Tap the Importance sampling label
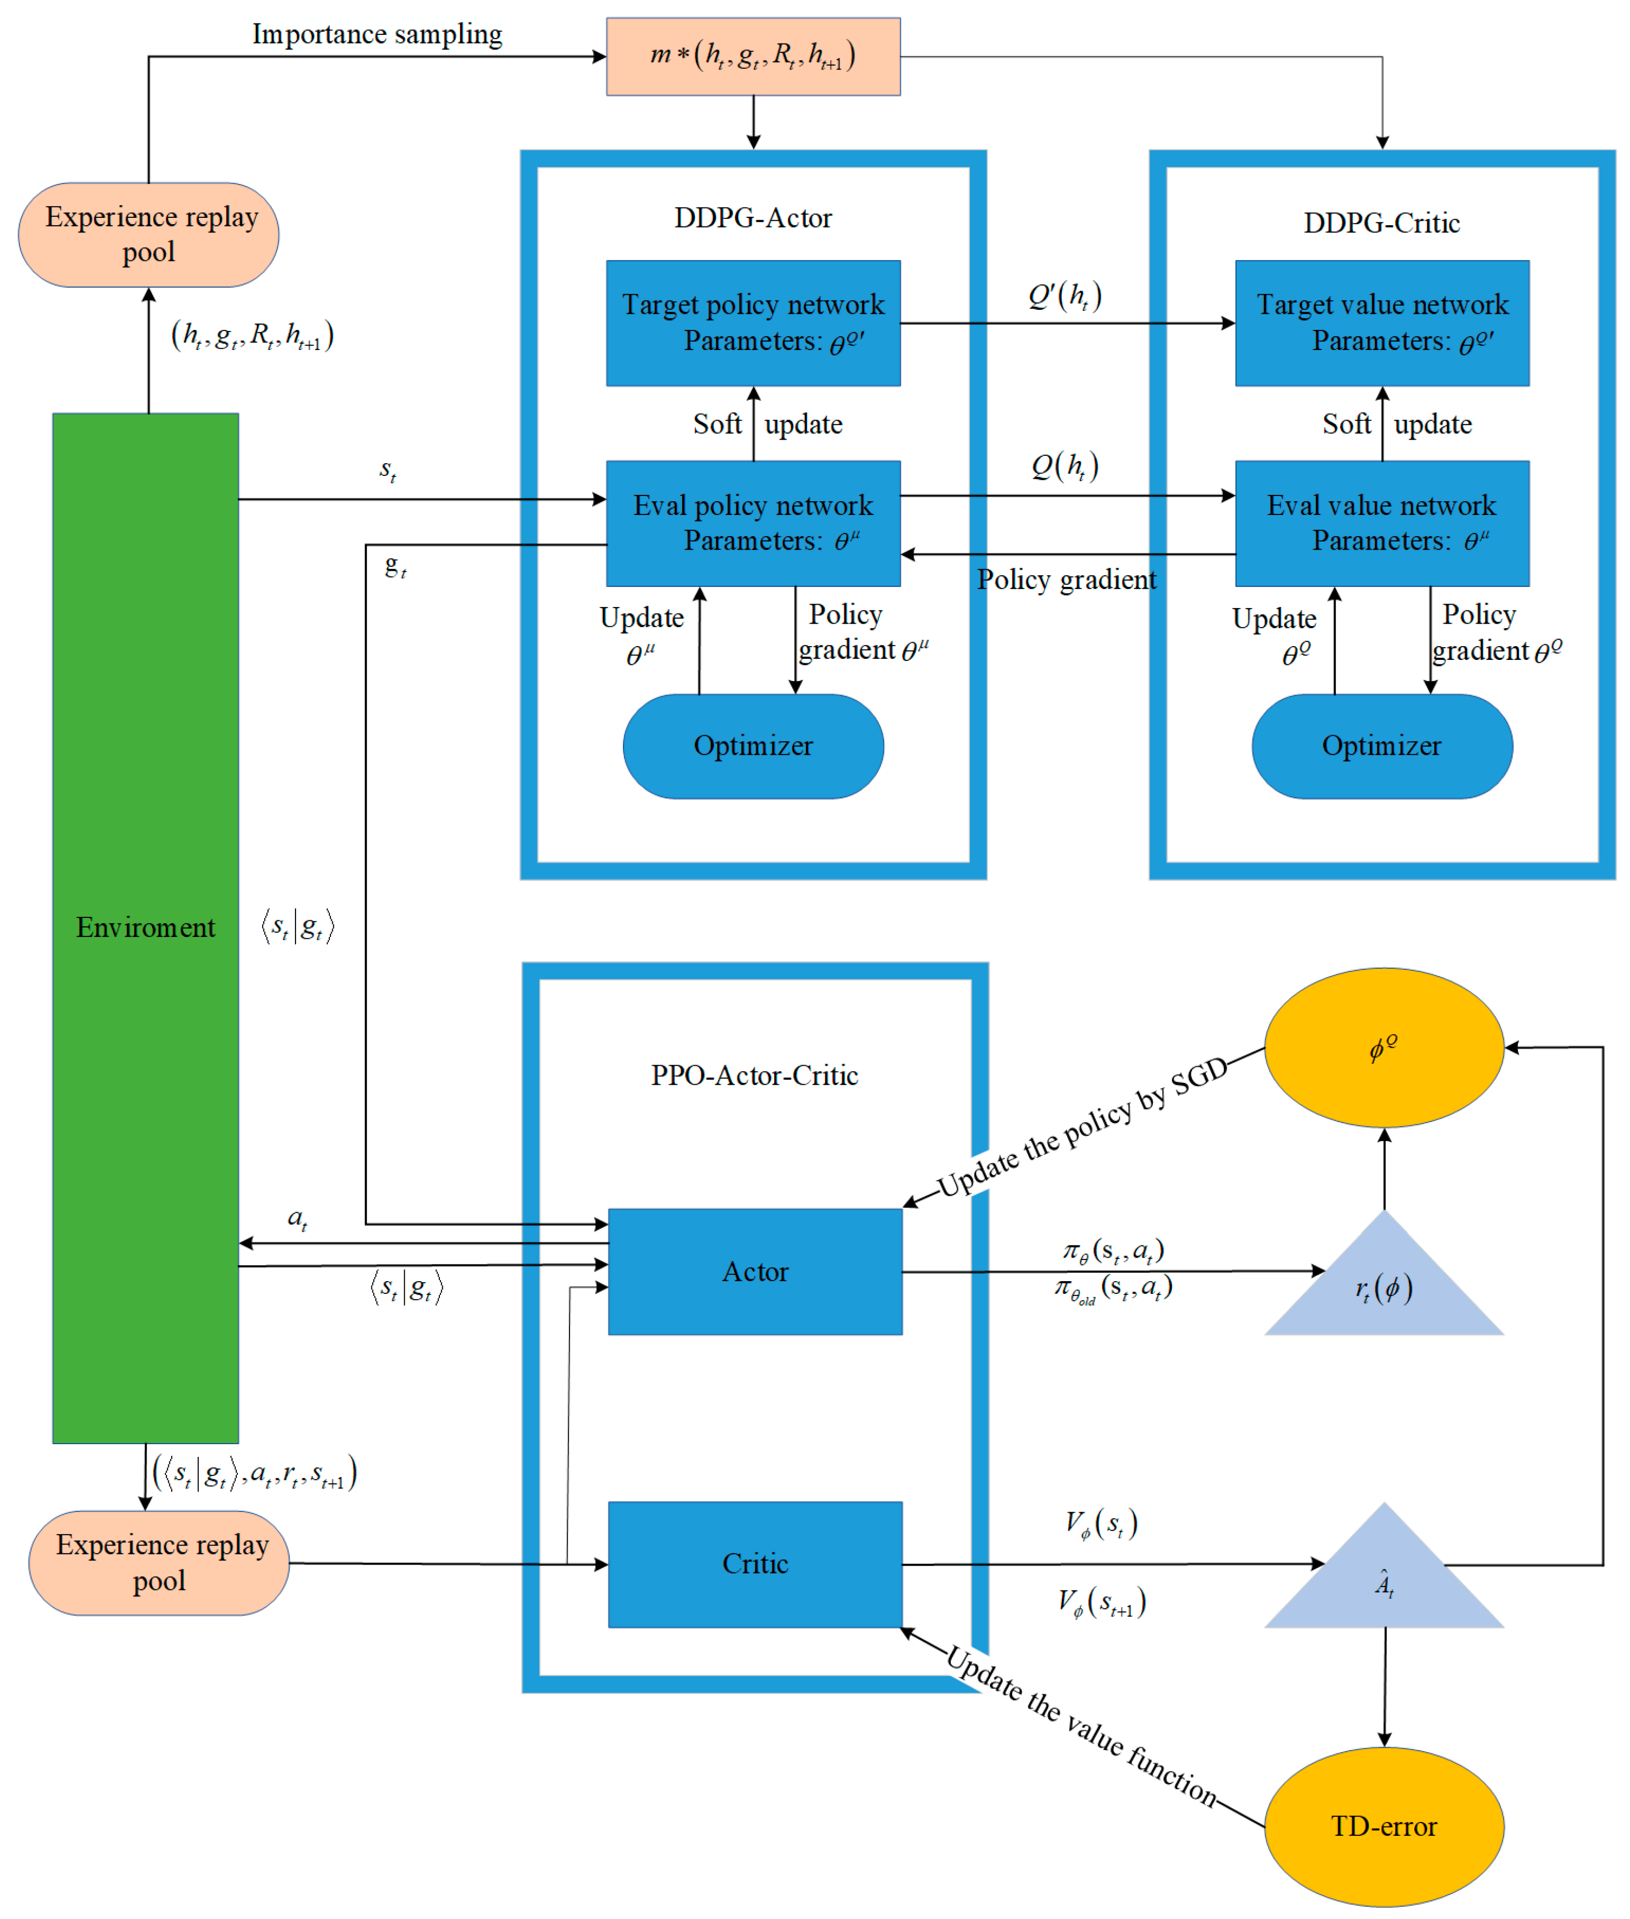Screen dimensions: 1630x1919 [x=377, y=34]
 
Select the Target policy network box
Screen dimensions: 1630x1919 [x=753, y=323]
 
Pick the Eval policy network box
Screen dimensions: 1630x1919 [x=753, y=523]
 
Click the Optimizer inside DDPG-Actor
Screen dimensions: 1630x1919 [x=753, y=746]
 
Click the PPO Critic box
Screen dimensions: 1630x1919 [x=755, y=1564]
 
